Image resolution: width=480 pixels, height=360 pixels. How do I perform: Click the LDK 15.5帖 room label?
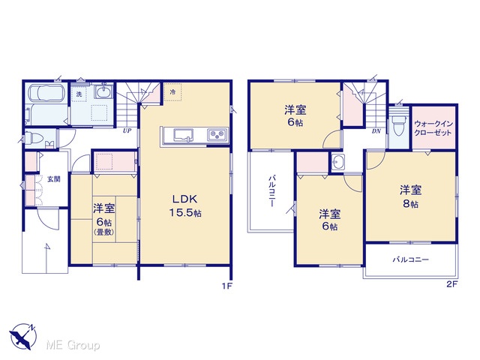click(x=185, y=205)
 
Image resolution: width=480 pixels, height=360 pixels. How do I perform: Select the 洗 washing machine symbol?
click(x=79, y=94)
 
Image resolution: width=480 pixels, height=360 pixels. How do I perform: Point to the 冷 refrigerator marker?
click(x=172, y=91)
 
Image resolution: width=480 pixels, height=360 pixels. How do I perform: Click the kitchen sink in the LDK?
click(x=184, y=135)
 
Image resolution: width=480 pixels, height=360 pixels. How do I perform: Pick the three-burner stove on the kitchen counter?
click(x=217, y=135)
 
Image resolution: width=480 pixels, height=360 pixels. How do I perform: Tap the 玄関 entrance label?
click(x=53, y=179)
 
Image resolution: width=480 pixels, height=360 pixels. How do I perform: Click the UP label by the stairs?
click(x=127, y=130)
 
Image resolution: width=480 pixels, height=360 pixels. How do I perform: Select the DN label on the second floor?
click(x=376, y=131)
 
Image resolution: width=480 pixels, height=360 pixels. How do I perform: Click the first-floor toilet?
click(x=33, y=138)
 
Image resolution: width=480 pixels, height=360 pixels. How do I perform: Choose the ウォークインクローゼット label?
click(x=433, y=128)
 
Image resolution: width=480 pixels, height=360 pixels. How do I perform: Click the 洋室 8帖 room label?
click(x=410, y=196)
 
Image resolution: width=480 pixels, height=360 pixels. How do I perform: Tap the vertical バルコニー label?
click(x=271, y=191)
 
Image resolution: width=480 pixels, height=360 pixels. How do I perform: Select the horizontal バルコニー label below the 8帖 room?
click(x=411, y=260)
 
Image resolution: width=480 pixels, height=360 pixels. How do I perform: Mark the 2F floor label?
click(x=451, y=284)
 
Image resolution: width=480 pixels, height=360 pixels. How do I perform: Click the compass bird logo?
click(x=23, y=337)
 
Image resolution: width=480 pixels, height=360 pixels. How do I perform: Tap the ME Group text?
click(x=73, y=346)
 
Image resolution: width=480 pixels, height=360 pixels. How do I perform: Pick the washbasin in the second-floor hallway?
click(x=338, y=161)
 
